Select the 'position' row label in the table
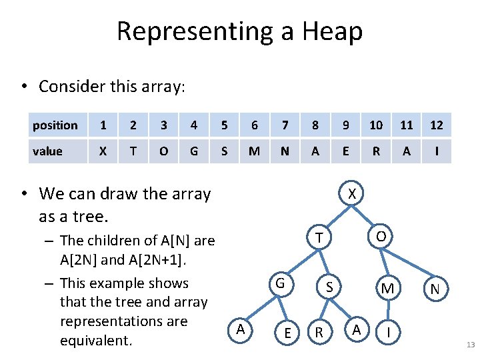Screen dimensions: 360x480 55,125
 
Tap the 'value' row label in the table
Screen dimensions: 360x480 47,151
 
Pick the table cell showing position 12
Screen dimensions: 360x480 437,125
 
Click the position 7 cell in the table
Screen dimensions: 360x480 285,125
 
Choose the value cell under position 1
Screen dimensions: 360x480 103,151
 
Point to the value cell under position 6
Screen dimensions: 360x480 254,151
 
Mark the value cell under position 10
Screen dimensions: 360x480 376,151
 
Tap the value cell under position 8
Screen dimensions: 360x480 315,151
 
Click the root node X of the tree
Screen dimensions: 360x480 353,194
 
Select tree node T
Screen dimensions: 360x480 321,238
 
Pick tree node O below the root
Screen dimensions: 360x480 381,237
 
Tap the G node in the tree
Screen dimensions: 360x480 281,284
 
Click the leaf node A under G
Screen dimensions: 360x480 240,329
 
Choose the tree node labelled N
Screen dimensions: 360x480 435,289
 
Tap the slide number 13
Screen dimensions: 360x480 470,345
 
